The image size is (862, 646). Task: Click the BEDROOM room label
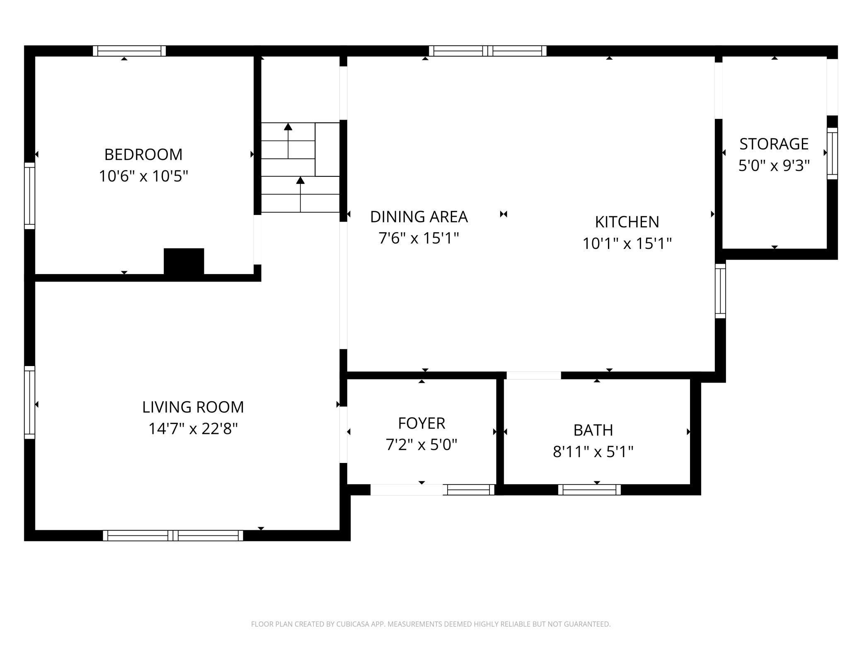tap(143, 154)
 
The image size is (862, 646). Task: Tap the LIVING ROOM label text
tap(193, 407)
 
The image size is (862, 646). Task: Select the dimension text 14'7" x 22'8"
tap(193, 429)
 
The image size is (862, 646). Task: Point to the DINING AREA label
tap(419, 217)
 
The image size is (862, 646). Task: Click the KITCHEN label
tap(627, 222)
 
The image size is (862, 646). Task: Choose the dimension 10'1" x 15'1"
tap(627, 243)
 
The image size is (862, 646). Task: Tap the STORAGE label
tap(774, 144)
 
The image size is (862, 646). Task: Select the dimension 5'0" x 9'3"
tap(774, 166)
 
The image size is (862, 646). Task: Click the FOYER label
tap(421, 423)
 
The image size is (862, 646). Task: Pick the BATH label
tap(593, 430)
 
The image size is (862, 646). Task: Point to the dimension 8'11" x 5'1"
tap(593, 452)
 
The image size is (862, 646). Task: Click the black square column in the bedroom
tap(184, 261)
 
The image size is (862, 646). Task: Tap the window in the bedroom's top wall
tap(129, 51)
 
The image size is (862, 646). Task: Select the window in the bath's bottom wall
tap(589, 490)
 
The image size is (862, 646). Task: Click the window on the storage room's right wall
tap(832, 154)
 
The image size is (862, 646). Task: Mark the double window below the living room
tap(173, 535)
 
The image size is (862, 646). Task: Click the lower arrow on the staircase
tap(300, 194)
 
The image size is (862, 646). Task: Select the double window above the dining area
tap(488, 51)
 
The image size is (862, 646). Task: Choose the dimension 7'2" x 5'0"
tap(421, 445)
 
